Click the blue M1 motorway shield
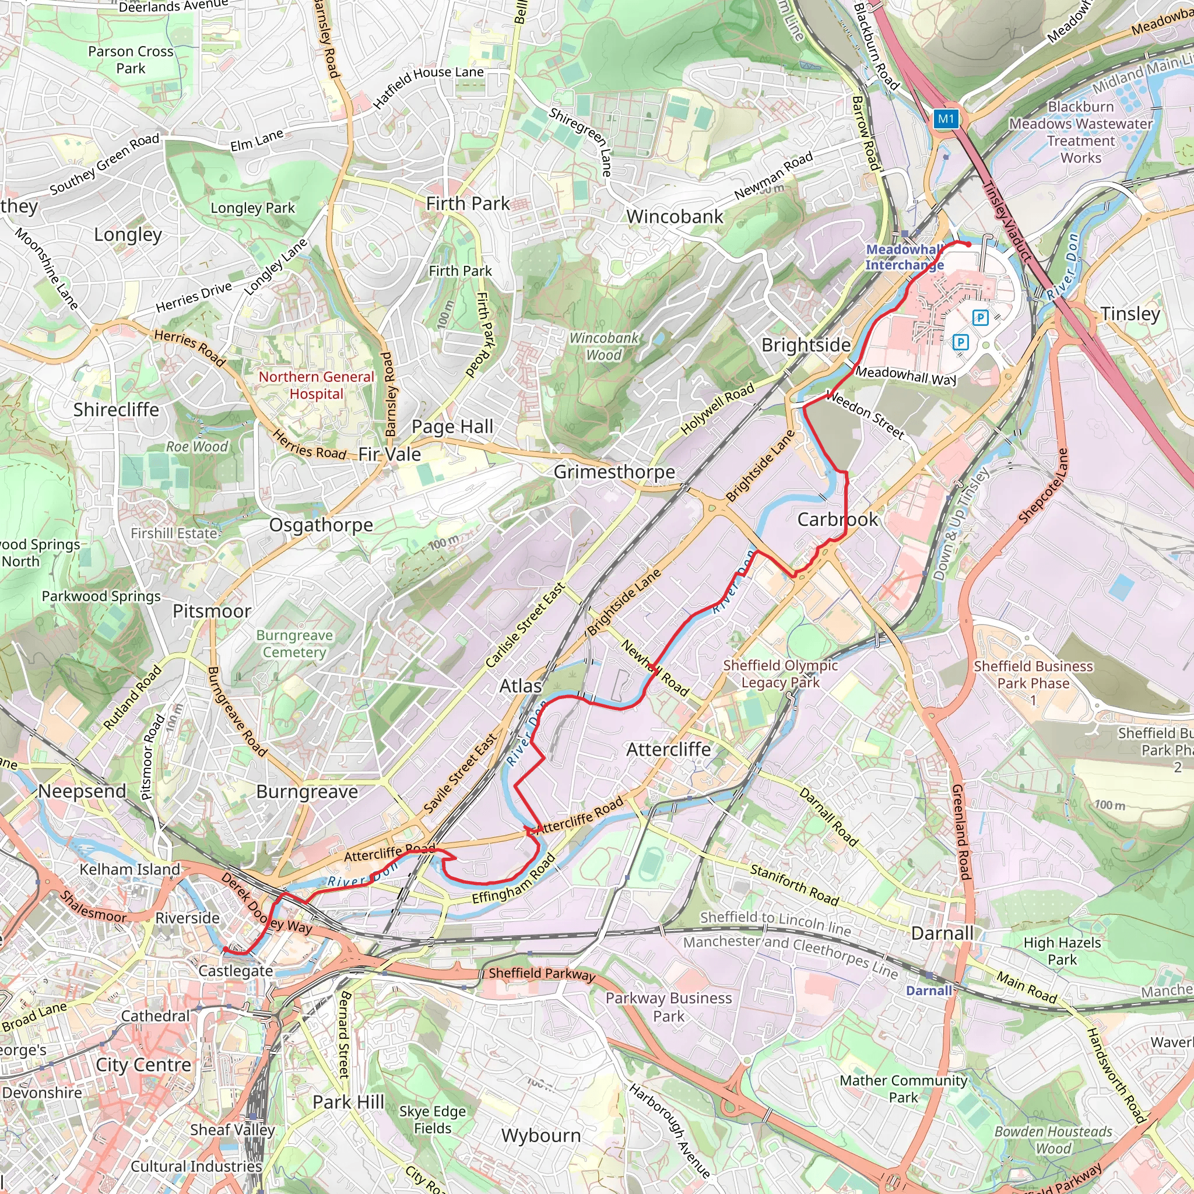tap(946, 120)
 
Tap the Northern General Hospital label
tap(317, 385)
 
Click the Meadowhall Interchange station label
tap(904, 257)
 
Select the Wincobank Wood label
tap(603, 347)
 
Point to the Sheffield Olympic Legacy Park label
tap(781, 673)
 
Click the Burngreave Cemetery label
tap(294, 644)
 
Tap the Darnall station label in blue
tap(929, 991)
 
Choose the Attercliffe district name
tap(668, 749)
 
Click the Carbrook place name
tap(837, 519)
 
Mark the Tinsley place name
tap(1130, 314)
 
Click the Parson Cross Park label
tap(131, 60)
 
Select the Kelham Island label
tap(130, 869)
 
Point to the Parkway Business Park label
tap(668, 1007)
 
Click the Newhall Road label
tap(655, 668)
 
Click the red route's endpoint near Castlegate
tap(226, 949)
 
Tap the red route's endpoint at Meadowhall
tap(968, 245)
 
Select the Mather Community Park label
tap(903, 1089)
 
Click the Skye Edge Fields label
tap(433, 1119)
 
